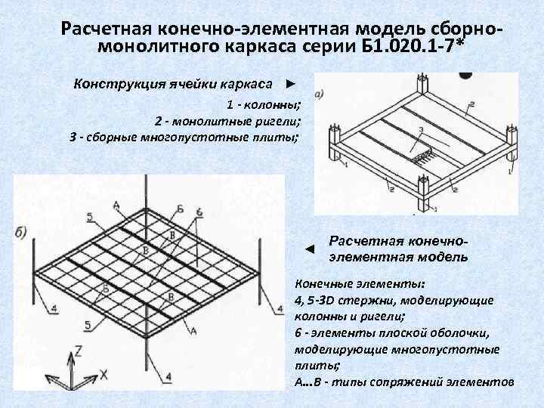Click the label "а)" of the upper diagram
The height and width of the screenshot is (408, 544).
pos(319,94)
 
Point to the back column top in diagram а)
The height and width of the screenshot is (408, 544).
pos(418,79)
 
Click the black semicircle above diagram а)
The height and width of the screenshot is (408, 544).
pos(465,76)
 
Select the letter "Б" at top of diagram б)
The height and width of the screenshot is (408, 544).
pos(179,208)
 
